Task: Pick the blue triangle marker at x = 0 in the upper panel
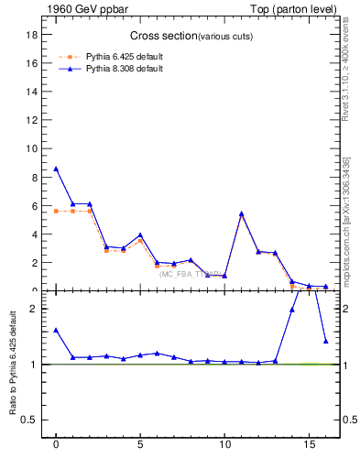56,169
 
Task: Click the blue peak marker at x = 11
241,213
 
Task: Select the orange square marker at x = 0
56,211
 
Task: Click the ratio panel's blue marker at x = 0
56,330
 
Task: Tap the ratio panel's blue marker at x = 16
325,341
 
